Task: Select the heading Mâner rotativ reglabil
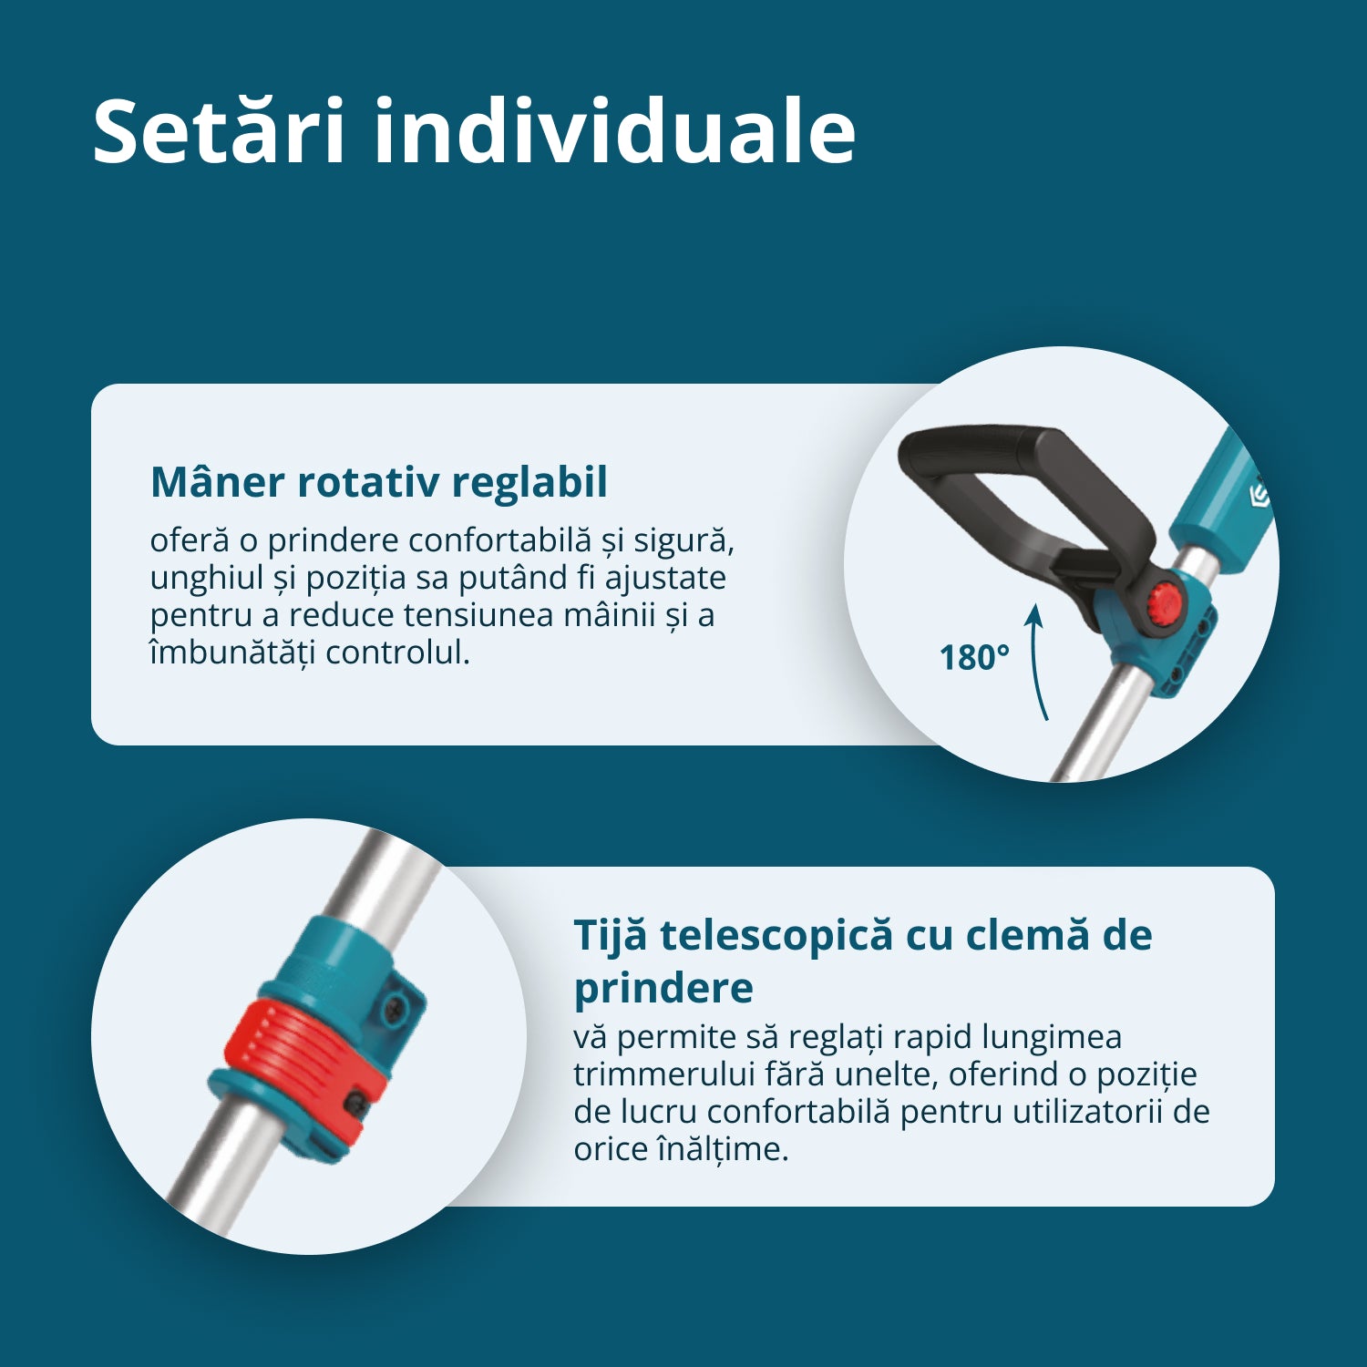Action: [379, 481]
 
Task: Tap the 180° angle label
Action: [974, 658]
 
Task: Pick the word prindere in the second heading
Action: [663, 988]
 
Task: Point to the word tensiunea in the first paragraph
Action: [478, 615]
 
